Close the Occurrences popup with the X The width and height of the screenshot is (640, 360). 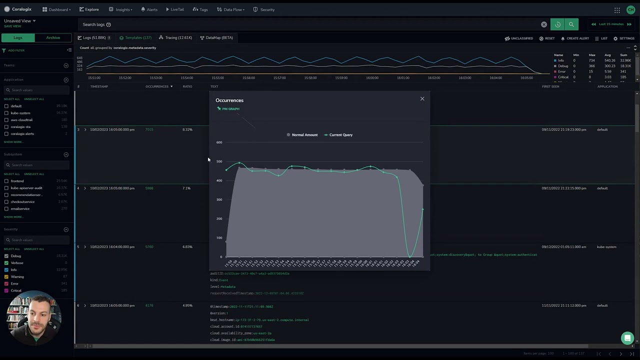422,99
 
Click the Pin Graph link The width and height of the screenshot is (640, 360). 230,109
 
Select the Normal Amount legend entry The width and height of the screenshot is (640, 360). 302,135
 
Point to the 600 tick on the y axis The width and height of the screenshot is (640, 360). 219,142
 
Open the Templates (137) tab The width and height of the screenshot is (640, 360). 135,38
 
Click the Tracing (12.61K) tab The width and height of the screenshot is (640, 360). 175,38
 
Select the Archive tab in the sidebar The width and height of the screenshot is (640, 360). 53,38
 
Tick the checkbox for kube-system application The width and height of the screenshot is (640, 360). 6,113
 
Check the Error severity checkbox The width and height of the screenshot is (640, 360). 6,283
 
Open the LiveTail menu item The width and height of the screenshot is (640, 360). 174,9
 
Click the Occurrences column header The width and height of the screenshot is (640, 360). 158,86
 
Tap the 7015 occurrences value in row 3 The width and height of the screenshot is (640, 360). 149,129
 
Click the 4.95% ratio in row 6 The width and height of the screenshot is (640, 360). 187,305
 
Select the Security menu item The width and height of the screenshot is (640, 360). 264,9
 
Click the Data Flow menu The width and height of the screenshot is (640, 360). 230,9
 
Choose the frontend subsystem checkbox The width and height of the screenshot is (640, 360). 6,181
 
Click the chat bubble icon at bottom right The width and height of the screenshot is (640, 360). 627,338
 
